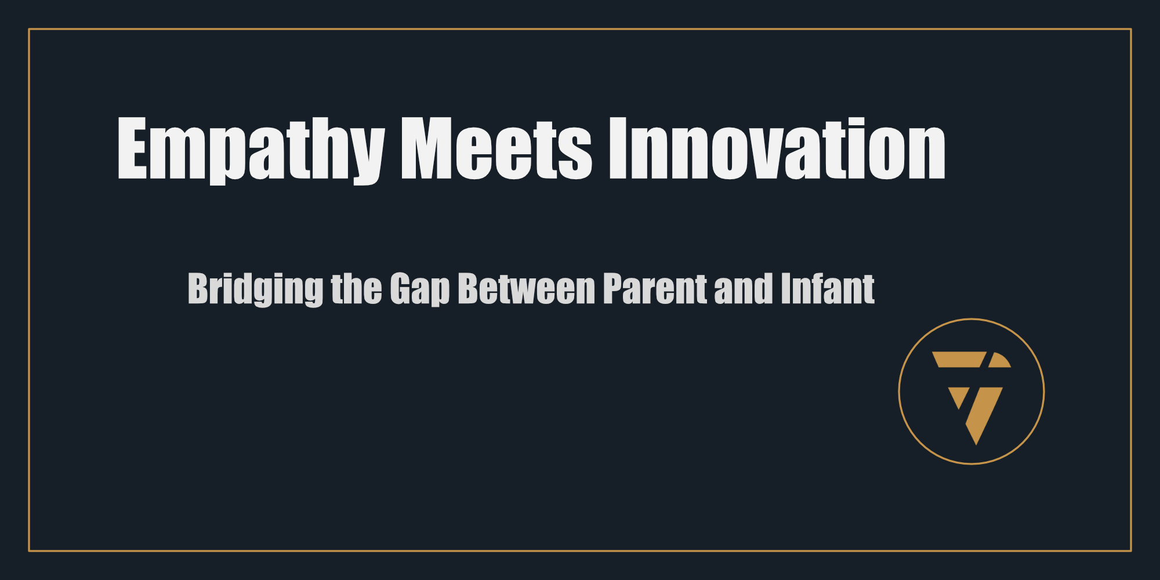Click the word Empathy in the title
[251, 150]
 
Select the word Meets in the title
[496, 148]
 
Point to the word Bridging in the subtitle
[255, 289]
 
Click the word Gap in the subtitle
[420, 289]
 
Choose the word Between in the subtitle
[527, 288]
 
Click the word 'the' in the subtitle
[356, 288]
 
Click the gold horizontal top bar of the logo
[959, 359]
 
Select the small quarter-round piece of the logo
[1000, 360]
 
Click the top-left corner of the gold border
[29, 29]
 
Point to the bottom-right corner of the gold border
[1131, 550]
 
